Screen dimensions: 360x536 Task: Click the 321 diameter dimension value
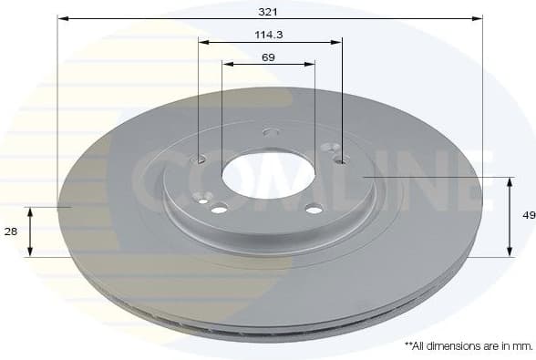pos(268,11)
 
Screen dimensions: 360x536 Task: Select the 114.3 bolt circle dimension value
pos(268,35)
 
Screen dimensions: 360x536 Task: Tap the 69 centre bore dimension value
pos(268,57)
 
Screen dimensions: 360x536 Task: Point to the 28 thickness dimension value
pos(11,231)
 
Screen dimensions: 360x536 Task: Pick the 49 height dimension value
pos(527,216)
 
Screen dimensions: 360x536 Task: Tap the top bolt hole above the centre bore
pos(271,131)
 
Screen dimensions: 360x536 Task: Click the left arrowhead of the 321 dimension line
pos(62,17)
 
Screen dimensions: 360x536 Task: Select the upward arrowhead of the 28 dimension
pos(31,211)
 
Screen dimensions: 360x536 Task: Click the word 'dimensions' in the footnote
pos(451,346)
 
